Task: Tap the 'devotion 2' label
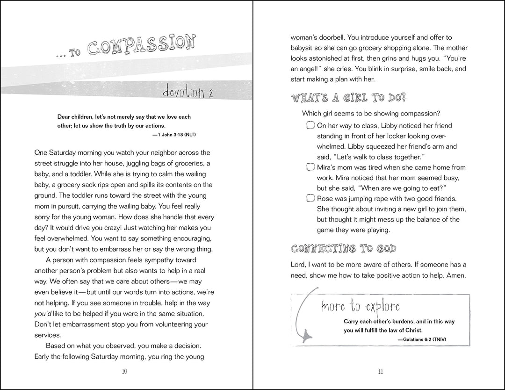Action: [x=186, y=92]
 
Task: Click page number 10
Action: [x=124, y=372]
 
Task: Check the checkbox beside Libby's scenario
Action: [x=310, y=126]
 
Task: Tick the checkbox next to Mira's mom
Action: [x=310, y=167]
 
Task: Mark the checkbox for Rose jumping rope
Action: [x=310, y=199]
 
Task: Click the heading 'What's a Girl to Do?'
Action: [x=348, y=98]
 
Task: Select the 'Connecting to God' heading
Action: [x=344, y=248]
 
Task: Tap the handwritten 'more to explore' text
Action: [x=361, y=306]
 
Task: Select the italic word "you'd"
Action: [x=44, y=313]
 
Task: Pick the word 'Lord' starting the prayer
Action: [x=299, y=265]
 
